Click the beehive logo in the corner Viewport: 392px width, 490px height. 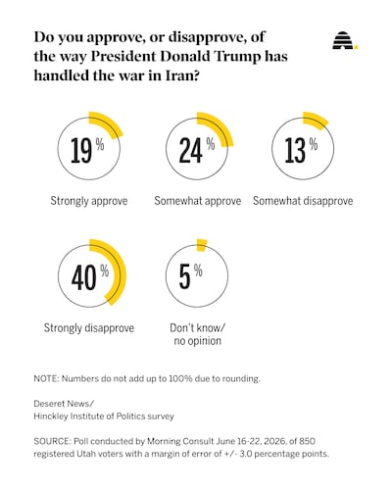pos(345,40)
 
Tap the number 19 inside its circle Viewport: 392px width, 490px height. pos(81,150)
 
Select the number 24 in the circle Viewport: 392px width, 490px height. pos(191,150)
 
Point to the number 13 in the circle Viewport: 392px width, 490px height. pos(295,150)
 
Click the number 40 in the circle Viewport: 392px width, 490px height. pos(84,277)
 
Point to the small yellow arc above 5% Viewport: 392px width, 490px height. pos(202,245)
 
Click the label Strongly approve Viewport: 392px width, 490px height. pos(89,201)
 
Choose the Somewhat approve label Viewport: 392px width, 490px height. pos(198,201)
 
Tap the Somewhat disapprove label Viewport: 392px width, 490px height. pos(303,201)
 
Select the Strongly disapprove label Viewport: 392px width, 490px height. pos(89,327)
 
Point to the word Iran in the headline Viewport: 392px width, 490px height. pos(183,75)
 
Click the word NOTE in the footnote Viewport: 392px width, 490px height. pos(45,378)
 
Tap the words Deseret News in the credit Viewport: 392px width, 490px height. pos(64,404)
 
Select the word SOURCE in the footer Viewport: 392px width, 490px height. pos(52,441)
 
